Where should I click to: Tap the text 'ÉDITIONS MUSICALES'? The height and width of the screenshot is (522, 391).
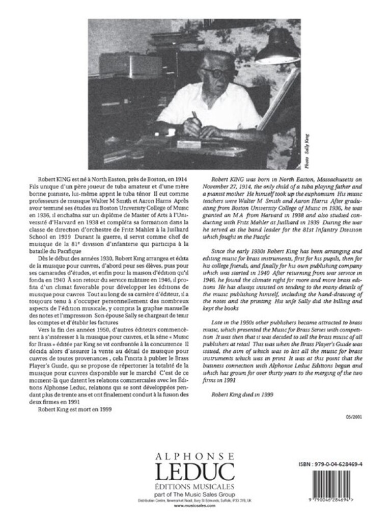pyautogui.click(x=196, y=481)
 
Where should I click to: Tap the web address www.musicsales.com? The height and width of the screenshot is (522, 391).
pyautogui.click(x=196, y=506)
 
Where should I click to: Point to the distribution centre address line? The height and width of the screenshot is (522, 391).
pyautogui.click(x=196, y=500)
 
